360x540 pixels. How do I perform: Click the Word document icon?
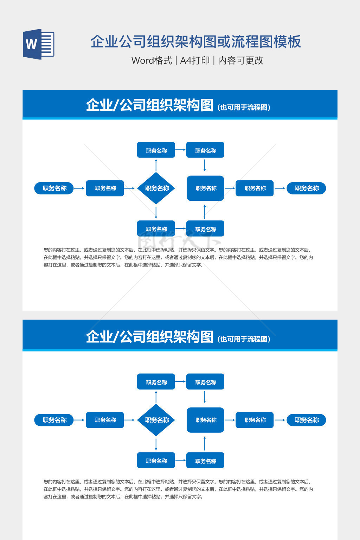pyautogui.click(x=39, y=44)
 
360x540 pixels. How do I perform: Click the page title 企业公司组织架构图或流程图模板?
pyautogui.click(x=195, y=41)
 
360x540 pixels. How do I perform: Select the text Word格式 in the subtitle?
pyautogui.click(x=152, y=60)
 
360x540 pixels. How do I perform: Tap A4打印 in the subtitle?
pyautogui.click(x=195, y=60)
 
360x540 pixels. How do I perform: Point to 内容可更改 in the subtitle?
pyautogui.click(x=240, y=60)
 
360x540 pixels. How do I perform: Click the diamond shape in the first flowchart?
pyautogui.click(x=156, y=188)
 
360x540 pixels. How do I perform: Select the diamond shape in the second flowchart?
pyautogui.click(x=156, y=420)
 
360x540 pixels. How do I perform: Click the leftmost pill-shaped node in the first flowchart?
pyautogui.click(x=54, y=188)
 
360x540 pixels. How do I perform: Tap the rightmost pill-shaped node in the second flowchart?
pyautogui.click(x=306, y=420)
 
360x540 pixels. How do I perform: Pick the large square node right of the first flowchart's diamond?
pyautogui.click(x=205, y=188)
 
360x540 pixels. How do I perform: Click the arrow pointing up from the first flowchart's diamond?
pyautogui.click(x=156, y=165)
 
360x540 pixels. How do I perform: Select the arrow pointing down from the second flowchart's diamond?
pyautogui.click(x=156, y=444)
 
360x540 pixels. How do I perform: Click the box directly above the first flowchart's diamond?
pyautogui.click(x=156, y=150)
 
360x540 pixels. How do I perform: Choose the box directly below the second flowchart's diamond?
pyautogui.click(x=156, y=461)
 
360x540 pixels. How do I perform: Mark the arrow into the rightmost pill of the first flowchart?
pyautogui.click(x=280, y=188)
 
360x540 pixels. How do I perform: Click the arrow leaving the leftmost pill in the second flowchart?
pyautogui.click(x=79, y=420)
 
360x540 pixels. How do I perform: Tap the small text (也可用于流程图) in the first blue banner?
pyautogui.click(x=244, y=108)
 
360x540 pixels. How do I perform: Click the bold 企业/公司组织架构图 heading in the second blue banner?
pyautogui.click(x=149, y=337)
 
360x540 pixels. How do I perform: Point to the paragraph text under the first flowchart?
pyautogui.click(x=178, y=257)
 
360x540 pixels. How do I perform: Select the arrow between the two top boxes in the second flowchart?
pyautogui.click(x=180, y=381)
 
